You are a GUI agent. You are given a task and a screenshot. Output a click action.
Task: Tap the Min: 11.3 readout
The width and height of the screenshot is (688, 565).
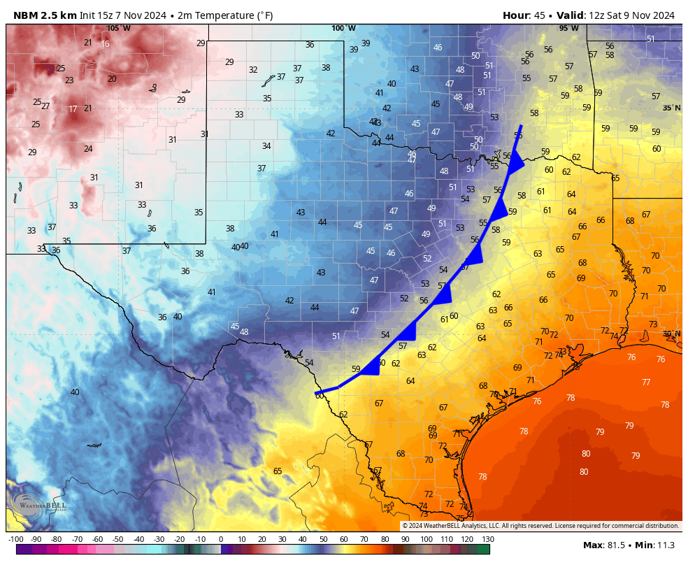click(654, 545)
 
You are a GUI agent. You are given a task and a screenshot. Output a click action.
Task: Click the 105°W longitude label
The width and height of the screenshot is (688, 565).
click(119, 28)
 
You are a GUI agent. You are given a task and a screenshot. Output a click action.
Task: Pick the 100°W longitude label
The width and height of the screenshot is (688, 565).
click(343, 28)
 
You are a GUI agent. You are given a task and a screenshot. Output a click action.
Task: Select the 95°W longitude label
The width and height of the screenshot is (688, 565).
click(568, 28)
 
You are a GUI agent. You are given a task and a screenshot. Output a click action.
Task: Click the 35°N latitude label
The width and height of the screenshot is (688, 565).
click(671, 108)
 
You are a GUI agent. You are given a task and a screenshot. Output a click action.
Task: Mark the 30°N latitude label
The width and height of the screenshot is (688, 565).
click(671, 334)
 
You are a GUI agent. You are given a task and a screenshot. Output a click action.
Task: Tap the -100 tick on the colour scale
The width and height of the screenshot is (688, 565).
click(15, 539)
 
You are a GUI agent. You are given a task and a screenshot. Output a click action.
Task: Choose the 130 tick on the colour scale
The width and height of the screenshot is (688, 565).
click(487, 539)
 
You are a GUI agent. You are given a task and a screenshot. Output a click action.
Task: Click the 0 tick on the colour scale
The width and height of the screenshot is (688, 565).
click(221, 539)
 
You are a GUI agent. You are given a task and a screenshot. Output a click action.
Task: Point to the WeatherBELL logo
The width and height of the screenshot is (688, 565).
click(39, 503)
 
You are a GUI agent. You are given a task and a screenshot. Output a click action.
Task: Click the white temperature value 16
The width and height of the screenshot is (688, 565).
click(105, 44)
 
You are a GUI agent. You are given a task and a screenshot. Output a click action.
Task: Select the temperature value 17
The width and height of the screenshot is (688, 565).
click(73, 109)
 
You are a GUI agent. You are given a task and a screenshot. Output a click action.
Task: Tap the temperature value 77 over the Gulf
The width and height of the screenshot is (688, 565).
click(646, 382)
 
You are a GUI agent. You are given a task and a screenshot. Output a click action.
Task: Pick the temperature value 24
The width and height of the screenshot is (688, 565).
click(88, 149)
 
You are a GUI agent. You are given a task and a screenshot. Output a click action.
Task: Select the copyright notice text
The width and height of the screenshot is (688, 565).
click(540, 526)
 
